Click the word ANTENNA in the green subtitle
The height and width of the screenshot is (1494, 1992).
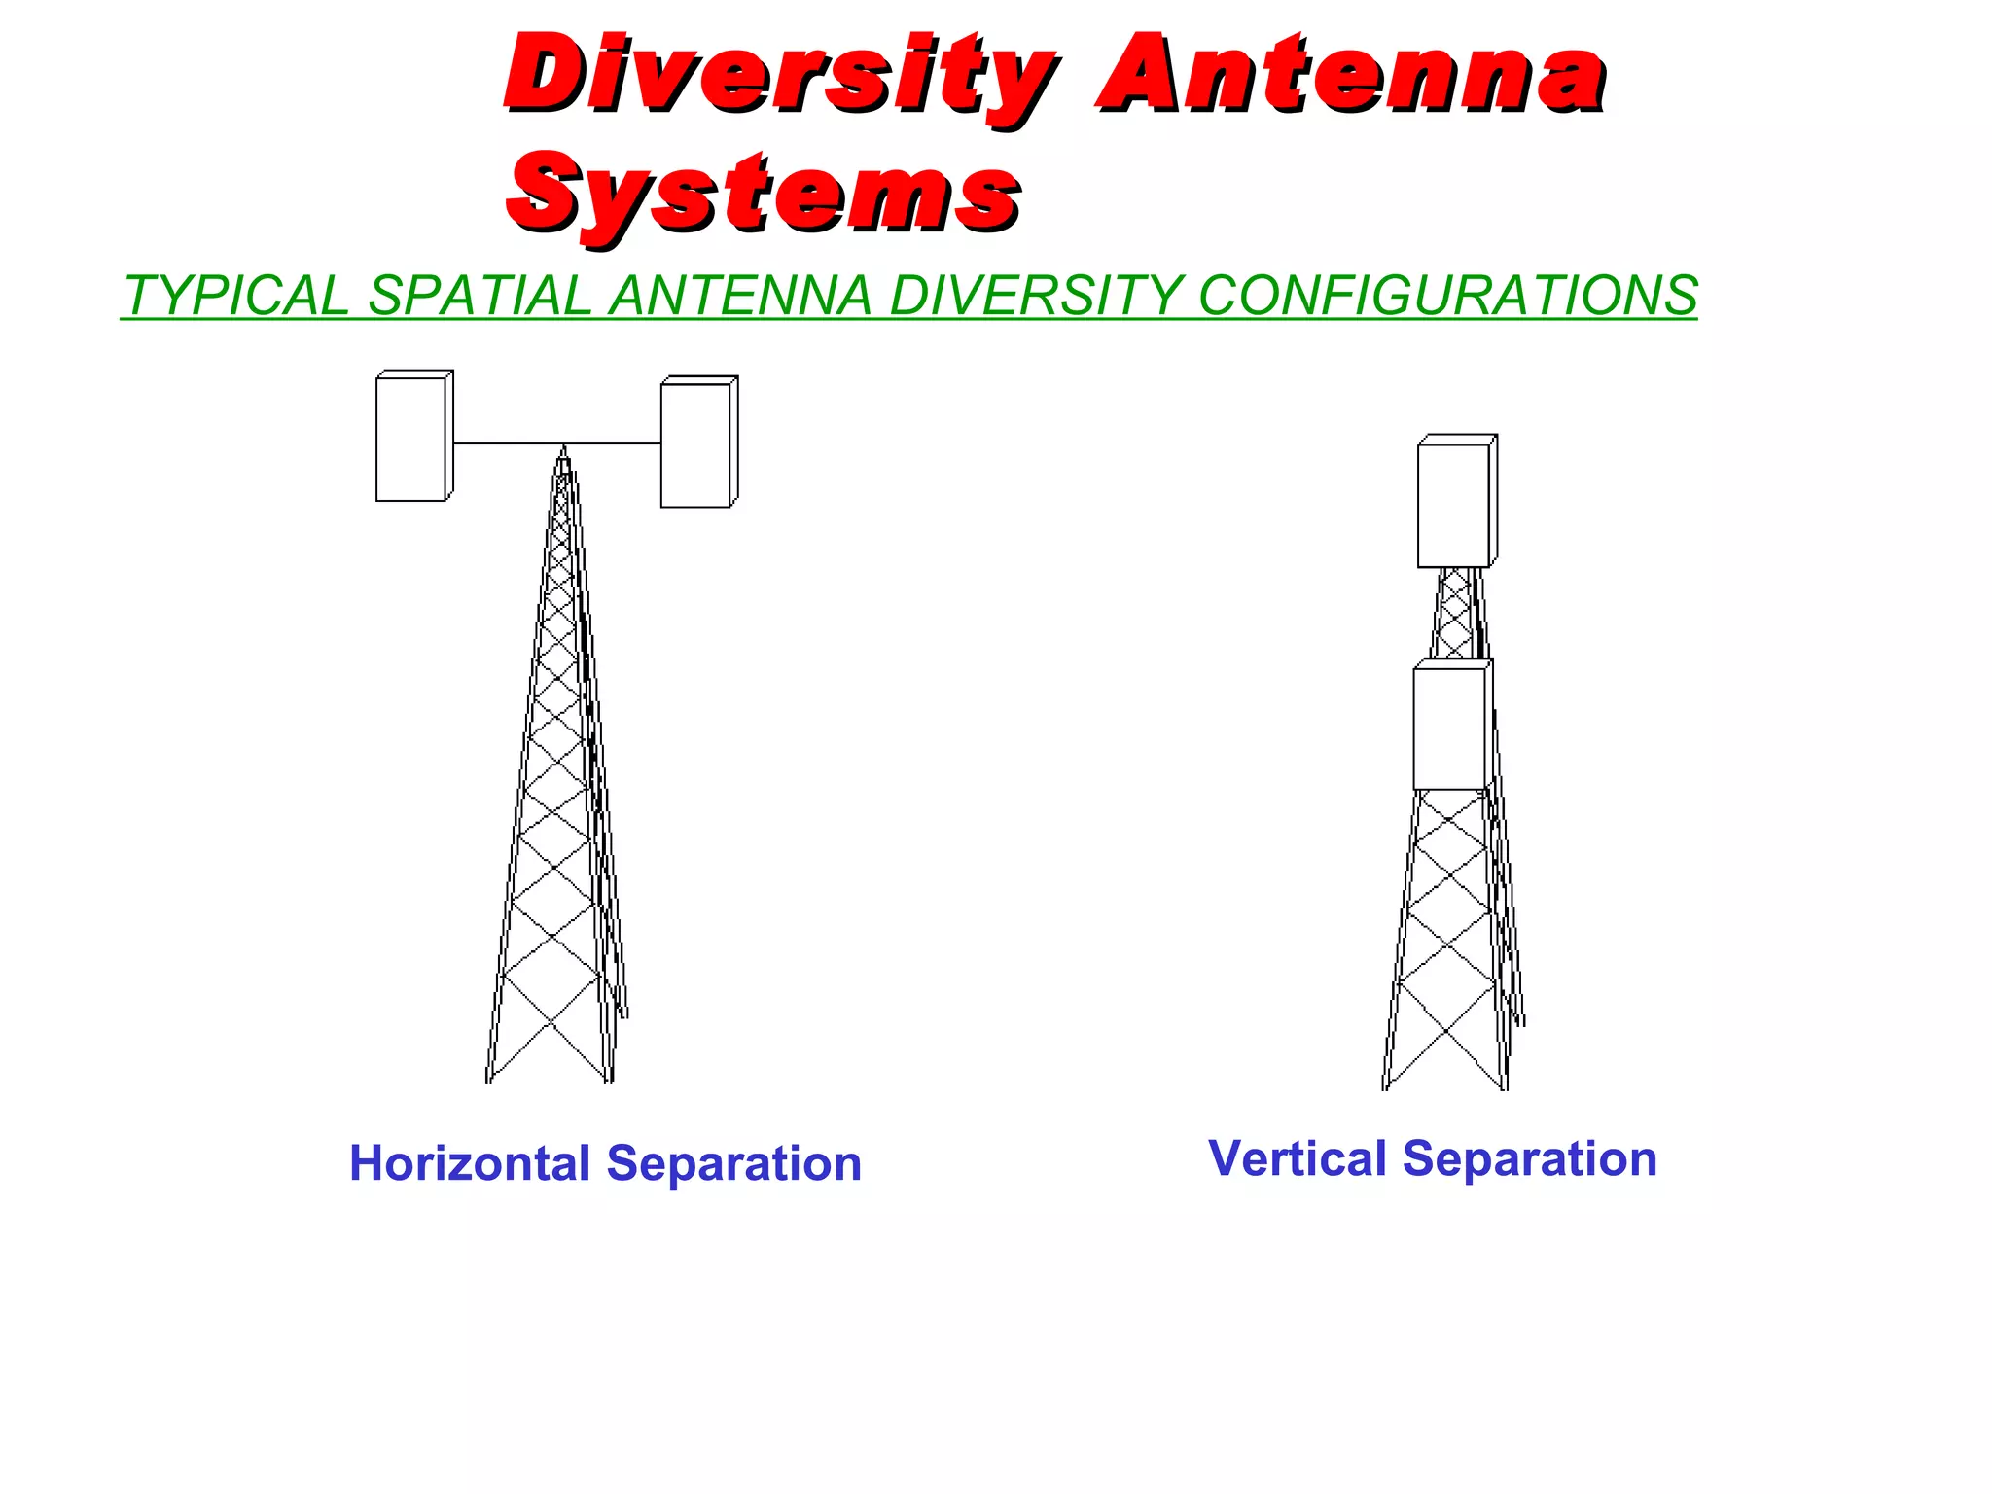click(739, 296)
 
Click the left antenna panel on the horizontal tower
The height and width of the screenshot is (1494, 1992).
click(411, 439)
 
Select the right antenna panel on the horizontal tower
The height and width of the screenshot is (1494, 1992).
click(695, 445)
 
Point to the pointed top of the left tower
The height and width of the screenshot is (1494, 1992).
click(563, 451)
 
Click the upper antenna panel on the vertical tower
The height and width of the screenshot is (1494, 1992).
click(1453, 504)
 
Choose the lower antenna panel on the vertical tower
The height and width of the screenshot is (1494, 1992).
click(1449, 728)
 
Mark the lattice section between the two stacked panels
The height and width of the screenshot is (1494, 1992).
click(1455, 613)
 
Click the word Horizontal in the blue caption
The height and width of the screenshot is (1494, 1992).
click(470, 1163)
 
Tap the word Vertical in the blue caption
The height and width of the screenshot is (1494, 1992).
click(1297, 1158)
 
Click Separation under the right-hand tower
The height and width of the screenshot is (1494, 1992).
click(1529, 1158)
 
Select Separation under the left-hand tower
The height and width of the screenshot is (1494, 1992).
click(733, 1163)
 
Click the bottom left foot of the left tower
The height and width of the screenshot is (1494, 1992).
click(489, 1078)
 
